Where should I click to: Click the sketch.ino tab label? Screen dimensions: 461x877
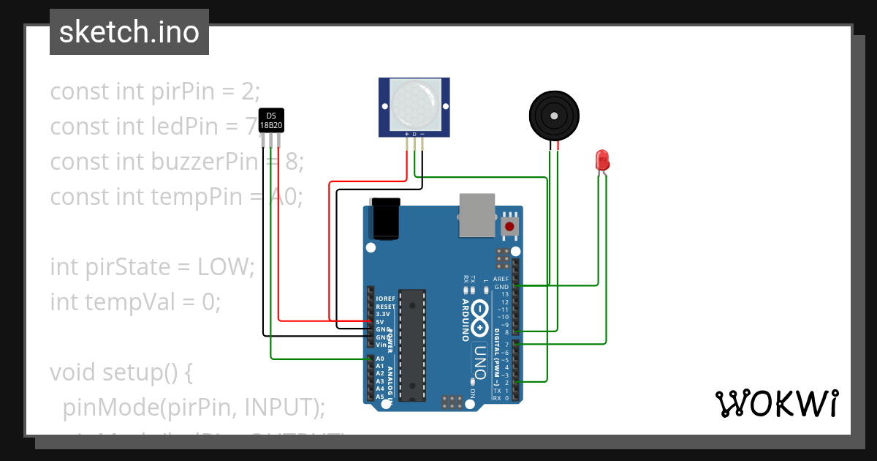129,32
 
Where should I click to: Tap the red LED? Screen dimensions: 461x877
602,160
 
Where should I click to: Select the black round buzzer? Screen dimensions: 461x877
554,116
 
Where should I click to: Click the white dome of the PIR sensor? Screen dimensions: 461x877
414,102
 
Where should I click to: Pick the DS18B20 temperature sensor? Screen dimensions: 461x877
271,121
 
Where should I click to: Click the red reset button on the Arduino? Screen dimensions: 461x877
509,227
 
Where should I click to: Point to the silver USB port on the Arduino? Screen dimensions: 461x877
477,215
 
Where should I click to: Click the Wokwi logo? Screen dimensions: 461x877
776,403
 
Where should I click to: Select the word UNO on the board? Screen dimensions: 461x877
479,361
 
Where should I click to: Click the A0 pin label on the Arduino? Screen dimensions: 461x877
380,359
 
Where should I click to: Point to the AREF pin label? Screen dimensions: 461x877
501,279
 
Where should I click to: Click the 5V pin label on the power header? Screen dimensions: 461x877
380,321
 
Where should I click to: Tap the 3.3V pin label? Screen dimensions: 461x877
383,314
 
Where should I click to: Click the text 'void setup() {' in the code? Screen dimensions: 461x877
121,372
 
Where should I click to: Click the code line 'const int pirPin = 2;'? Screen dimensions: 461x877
155,91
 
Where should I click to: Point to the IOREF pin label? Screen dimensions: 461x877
385,299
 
